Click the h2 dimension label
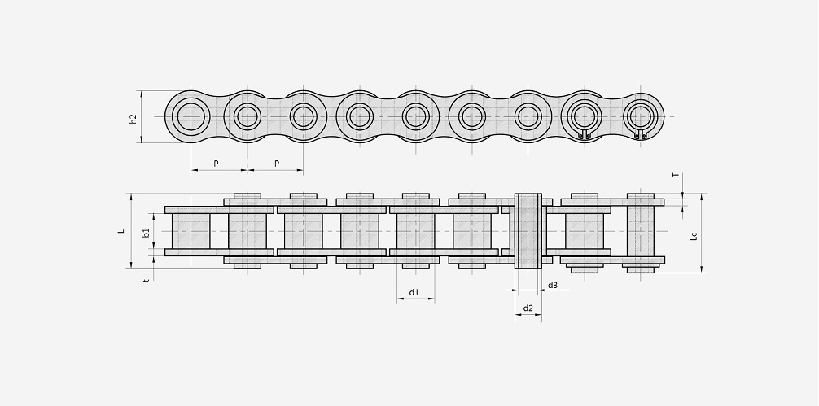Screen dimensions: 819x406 (x=134, y=119)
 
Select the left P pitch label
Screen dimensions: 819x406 (x=217, y=164)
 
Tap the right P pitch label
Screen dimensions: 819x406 (x=277, y=164)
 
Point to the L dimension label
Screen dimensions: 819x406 (x=121, y=230)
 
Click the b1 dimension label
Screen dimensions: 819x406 (x=147, y=232)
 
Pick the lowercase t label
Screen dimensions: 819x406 (x=147, y=280)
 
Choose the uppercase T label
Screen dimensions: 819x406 (x=676, y=176)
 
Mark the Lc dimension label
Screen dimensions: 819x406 (x=694, y=235)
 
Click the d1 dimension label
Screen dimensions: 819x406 (x=414, y=292)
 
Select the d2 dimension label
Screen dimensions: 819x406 (x=528, y=308)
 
